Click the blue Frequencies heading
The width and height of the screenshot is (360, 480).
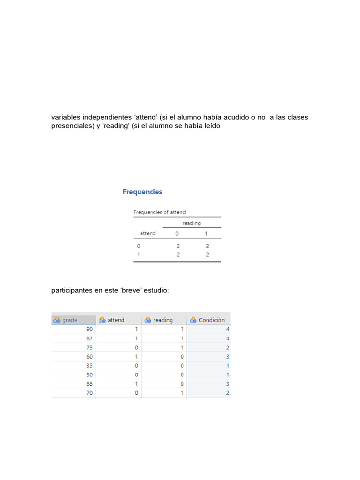coord(142,192)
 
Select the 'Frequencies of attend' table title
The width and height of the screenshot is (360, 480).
coord(159,212)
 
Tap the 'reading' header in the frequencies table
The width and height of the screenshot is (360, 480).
coord(191,223)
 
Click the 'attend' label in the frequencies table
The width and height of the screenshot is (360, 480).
coord(148,233)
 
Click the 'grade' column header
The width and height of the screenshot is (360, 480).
coord(69,320)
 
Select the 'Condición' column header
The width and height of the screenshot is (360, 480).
coord(211,320)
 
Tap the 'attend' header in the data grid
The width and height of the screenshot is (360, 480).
coord(116,320)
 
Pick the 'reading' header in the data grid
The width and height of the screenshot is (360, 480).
coord(163,320)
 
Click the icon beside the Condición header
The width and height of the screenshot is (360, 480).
coord(193,320)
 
